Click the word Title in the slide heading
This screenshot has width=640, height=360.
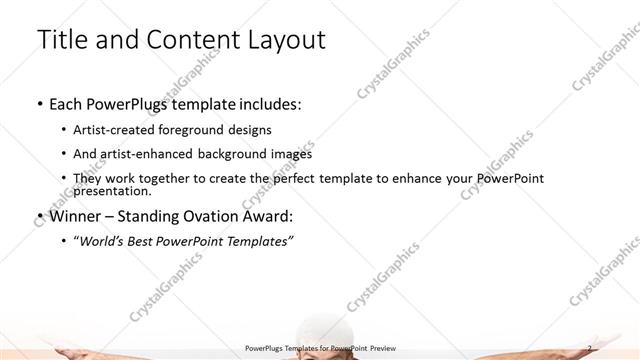coord(60,40)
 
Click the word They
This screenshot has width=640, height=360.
coord(88,179)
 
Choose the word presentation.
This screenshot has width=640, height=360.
coord(111,191)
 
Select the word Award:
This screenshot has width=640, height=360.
coord(267,216)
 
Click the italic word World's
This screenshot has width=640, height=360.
coord(104,241)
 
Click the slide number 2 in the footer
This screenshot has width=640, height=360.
coord(590,348)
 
